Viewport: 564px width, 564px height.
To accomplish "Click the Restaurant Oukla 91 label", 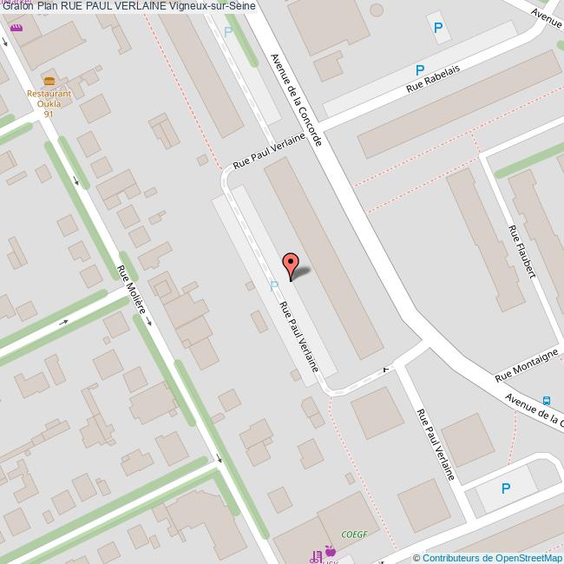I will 49,103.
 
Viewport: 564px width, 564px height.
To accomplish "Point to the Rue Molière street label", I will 133,294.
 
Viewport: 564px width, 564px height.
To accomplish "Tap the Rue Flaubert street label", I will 521,252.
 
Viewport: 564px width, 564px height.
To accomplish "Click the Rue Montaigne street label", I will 527,365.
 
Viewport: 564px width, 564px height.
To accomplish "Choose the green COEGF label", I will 355,534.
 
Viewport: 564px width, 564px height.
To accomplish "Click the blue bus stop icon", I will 547,401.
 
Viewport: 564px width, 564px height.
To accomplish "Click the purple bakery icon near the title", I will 16,28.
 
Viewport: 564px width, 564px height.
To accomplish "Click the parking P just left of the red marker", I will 274,285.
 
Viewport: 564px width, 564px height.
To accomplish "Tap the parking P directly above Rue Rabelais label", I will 420,69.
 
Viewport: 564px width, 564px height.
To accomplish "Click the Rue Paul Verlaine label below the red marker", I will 298,337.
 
